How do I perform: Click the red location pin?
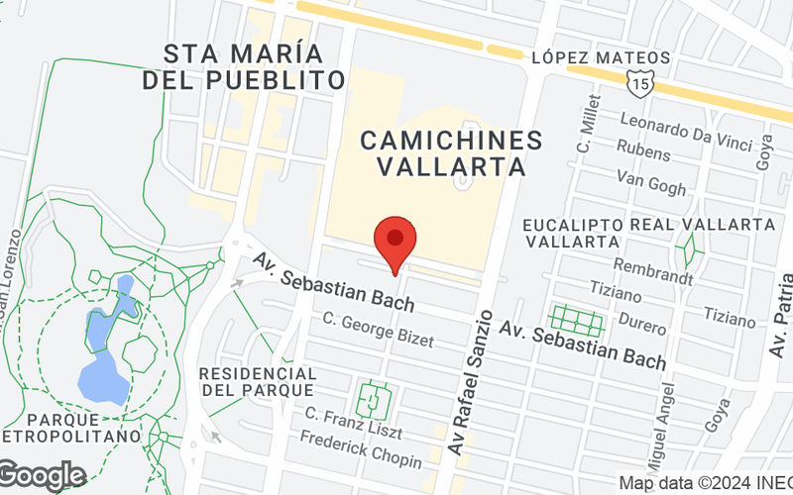coord(396,241)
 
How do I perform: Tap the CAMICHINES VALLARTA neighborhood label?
coord(451,153)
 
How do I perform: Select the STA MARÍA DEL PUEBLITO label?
coord(243,66)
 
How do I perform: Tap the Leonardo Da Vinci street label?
coord(686,132)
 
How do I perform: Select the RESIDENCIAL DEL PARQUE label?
coord(258,383)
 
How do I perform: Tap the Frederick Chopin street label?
coord(362,450)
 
